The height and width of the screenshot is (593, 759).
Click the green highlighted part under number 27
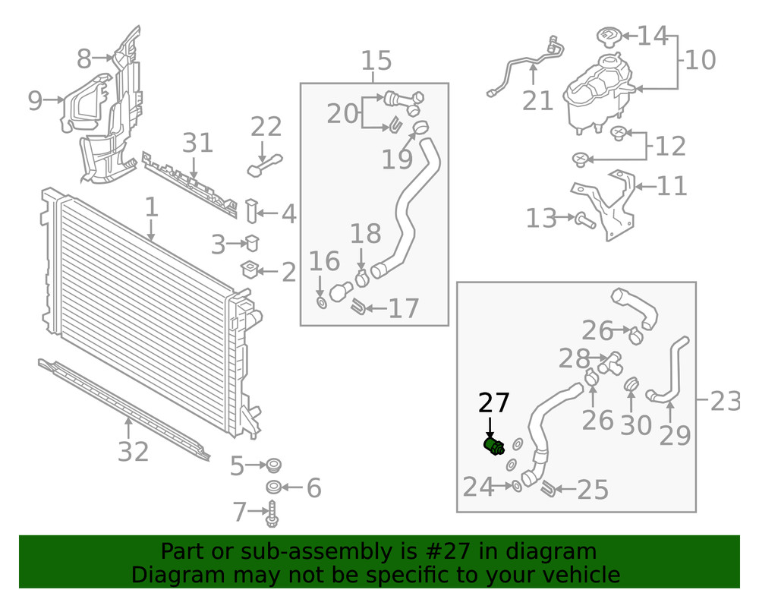click(x=494, y=446)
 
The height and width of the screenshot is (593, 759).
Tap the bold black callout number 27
click(x=494, y=402)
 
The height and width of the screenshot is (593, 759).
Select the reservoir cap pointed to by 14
click(x=608, y=37)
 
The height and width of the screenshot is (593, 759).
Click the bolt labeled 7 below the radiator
click(x=272, y=513)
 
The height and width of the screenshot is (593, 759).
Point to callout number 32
click(x=133, y=452)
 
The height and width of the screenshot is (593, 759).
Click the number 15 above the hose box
click(x=376, y=61)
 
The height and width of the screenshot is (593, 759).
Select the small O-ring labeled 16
click(x=321, y=302)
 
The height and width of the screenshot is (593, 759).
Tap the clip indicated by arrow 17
click(x=358, y=307)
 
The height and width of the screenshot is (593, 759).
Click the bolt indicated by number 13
click(x=585, y=221)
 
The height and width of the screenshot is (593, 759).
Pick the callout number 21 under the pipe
click(x=538, y=101)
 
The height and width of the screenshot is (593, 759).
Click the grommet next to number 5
click(x=274, y=465)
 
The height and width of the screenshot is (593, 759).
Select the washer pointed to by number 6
click(x=274, y=487)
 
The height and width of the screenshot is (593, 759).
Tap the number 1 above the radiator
click(x=152, y=207)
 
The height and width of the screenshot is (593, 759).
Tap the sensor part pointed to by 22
click(x=264, y=165)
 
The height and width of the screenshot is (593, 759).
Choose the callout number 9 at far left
click(x=35, y=101)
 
